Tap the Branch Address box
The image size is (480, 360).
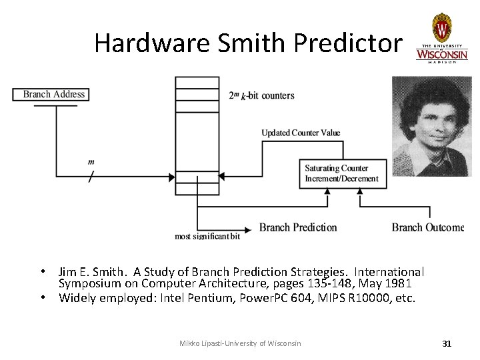[x=54, y=94]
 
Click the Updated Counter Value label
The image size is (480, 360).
[x=301, y=133]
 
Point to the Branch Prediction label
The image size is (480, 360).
[x=298, y=227]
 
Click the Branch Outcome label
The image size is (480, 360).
[x=427, y=227]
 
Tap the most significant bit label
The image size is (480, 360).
[x=207, y=236]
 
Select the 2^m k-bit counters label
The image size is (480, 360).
[x=261, y=95]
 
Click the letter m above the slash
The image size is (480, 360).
[x=91, y=162]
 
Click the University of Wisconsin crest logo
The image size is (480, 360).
[x=441, y=28]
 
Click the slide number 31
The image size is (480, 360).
[x=447, y=343]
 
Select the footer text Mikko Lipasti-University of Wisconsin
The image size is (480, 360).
[x=240, y=343]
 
